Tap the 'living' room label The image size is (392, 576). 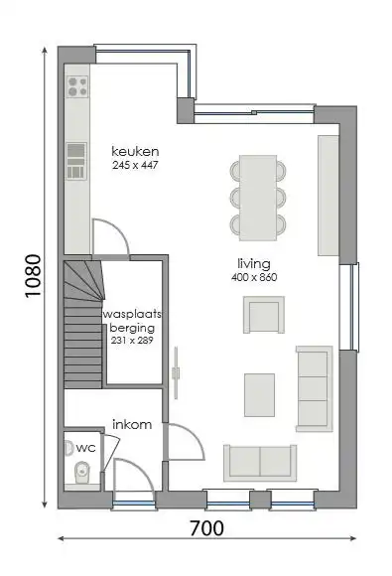point(253,263)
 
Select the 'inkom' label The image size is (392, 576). point(131,424)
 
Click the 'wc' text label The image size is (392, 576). point(86,448)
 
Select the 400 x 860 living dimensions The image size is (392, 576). point(254,277)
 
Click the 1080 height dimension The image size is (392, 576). point(34,277)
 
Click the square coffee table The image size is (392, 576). point(260,393)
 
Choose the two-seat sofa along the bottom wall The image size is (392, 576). point(259,462)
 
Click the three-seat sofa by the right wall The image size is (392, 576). point(315,385)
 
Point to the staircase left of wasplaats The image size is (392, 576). point(81,323)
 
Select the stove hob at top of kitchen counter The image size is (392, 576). point(75,88)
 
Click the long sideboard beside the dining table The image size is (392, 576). point(327,195)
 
